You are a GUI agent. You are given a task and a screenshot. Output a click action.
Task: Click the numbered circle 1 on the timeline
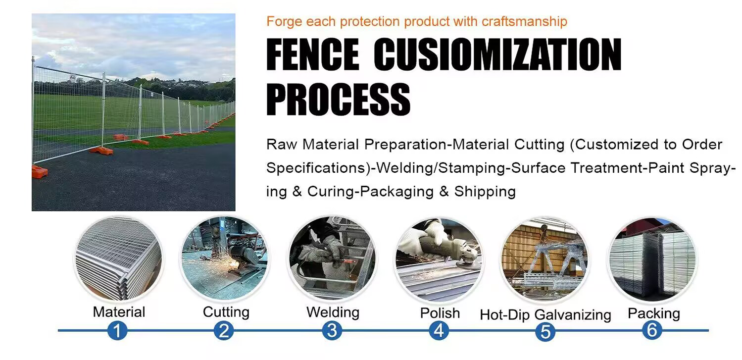click(117, 330)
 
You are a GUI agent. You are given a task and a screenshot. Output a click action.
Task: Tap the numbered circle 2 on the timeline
click(224, 331)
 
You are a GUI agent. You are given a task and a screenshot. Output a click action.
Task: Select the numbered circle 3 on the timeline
click(332, 330)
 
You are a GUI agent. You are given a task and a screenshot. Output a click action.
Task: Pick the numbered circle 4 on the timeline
click(439, 331)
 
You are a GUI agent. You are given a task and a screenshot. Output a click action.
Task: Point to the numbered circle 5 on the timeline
click(545, 331)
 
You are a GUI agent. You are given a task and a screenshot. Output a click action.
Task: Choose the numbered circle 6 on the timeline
click(652, 330)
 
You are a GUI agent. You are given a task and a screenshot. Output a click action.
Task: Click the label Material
click(119, 312)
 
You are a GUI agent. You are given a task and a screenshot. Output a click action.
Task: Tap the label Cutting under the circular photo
click(226, 312)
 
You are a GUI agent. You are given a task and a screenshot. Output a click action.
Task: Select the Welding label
click(333, 312)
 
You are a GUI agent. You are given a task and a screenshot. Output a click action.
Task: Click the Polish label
click(440, 313)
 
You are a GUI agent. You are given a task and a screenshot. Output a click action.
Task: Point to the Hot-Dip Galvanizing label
click(545, 315)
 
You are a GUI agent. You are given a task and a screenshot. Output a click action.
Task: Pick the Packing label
click(654, 314)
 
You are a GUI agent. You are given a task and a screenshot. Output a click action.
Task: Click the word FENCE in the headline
click(313, 54)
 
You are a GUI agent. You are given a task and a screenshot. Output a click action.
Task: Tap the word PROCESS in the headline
click(339, 99)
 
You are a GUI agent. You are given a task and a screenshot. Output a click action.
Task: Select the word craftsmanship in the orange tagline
click(524, 22)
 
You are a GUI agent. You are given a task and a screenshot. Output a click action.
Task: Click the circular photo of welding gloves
click(332, 258)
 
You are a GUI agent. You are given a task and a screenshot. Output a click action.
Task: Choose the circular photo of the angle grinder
click(439, 259)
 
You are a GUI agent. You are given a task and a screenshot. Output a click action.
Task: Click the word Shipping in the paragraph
click(485, 192)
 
